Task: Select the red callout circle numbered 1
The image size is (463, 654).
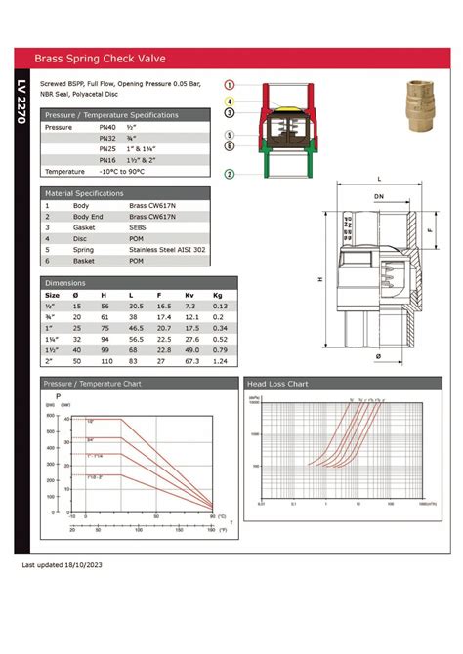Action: tap(229, 86)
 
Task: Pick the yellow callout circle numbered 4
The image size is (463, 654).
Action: tap(229, 102)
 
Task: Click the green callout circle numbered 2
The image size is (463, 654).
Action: tap(229, 174)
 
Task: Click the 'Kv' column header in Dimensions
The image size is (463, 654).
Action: tap(190, 294)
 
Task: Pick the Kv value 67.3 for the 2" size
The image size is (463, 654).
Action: tap(191, 360)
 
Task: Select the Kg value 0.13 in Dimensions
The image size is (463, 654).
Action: tap(220, 306)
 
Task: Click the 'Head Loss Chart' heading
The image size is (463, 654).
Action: tap(277, 384)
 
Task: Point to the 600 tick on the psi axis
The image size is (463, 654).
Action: tap(50, 416)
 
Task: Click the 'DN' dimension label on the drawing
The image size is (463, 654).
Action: tap(378, 196)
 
